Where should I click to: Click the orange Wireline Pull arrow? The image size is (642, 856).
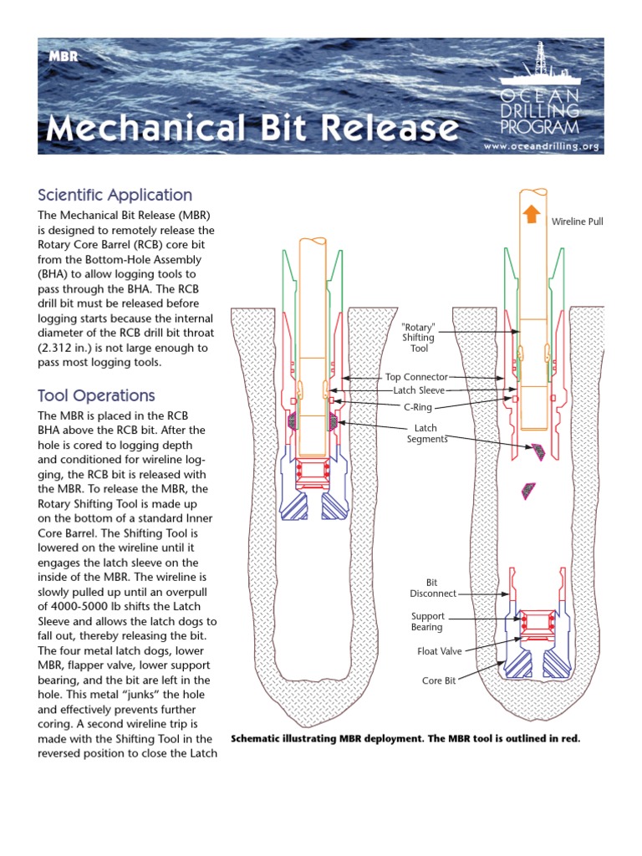(530, 214)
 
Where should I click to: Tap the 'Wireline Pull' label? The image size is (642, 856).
(577, 222)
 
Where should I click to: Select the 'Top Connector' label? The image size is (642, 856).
(416, 378)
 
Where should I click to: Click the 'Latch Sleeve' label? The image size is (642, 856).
(419, 390)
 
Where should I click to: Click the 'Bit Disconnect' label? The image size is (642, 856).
(433, 588)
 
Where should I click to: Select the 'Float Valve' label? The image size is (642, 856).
(439, 650)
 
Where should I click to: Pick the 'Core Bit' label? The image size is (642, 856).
(439, 681)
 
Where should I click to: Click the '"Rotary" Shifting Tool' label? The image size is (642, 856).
(418, 337)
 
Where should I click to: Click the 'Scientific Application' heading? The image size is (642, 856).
(115, 195)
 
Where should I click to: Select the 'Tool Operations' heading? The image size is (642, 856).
(96, 395)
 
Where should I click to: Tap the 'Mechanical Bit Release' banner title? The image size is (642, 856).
(252, 129)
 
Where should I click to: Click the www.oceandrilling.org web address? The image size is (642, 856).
(542, 146)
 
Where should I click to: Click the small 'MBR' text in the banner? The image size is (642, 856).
(63, 57)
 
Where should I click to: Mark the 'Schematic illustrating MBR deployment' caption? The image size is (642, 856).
(405, 739)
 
